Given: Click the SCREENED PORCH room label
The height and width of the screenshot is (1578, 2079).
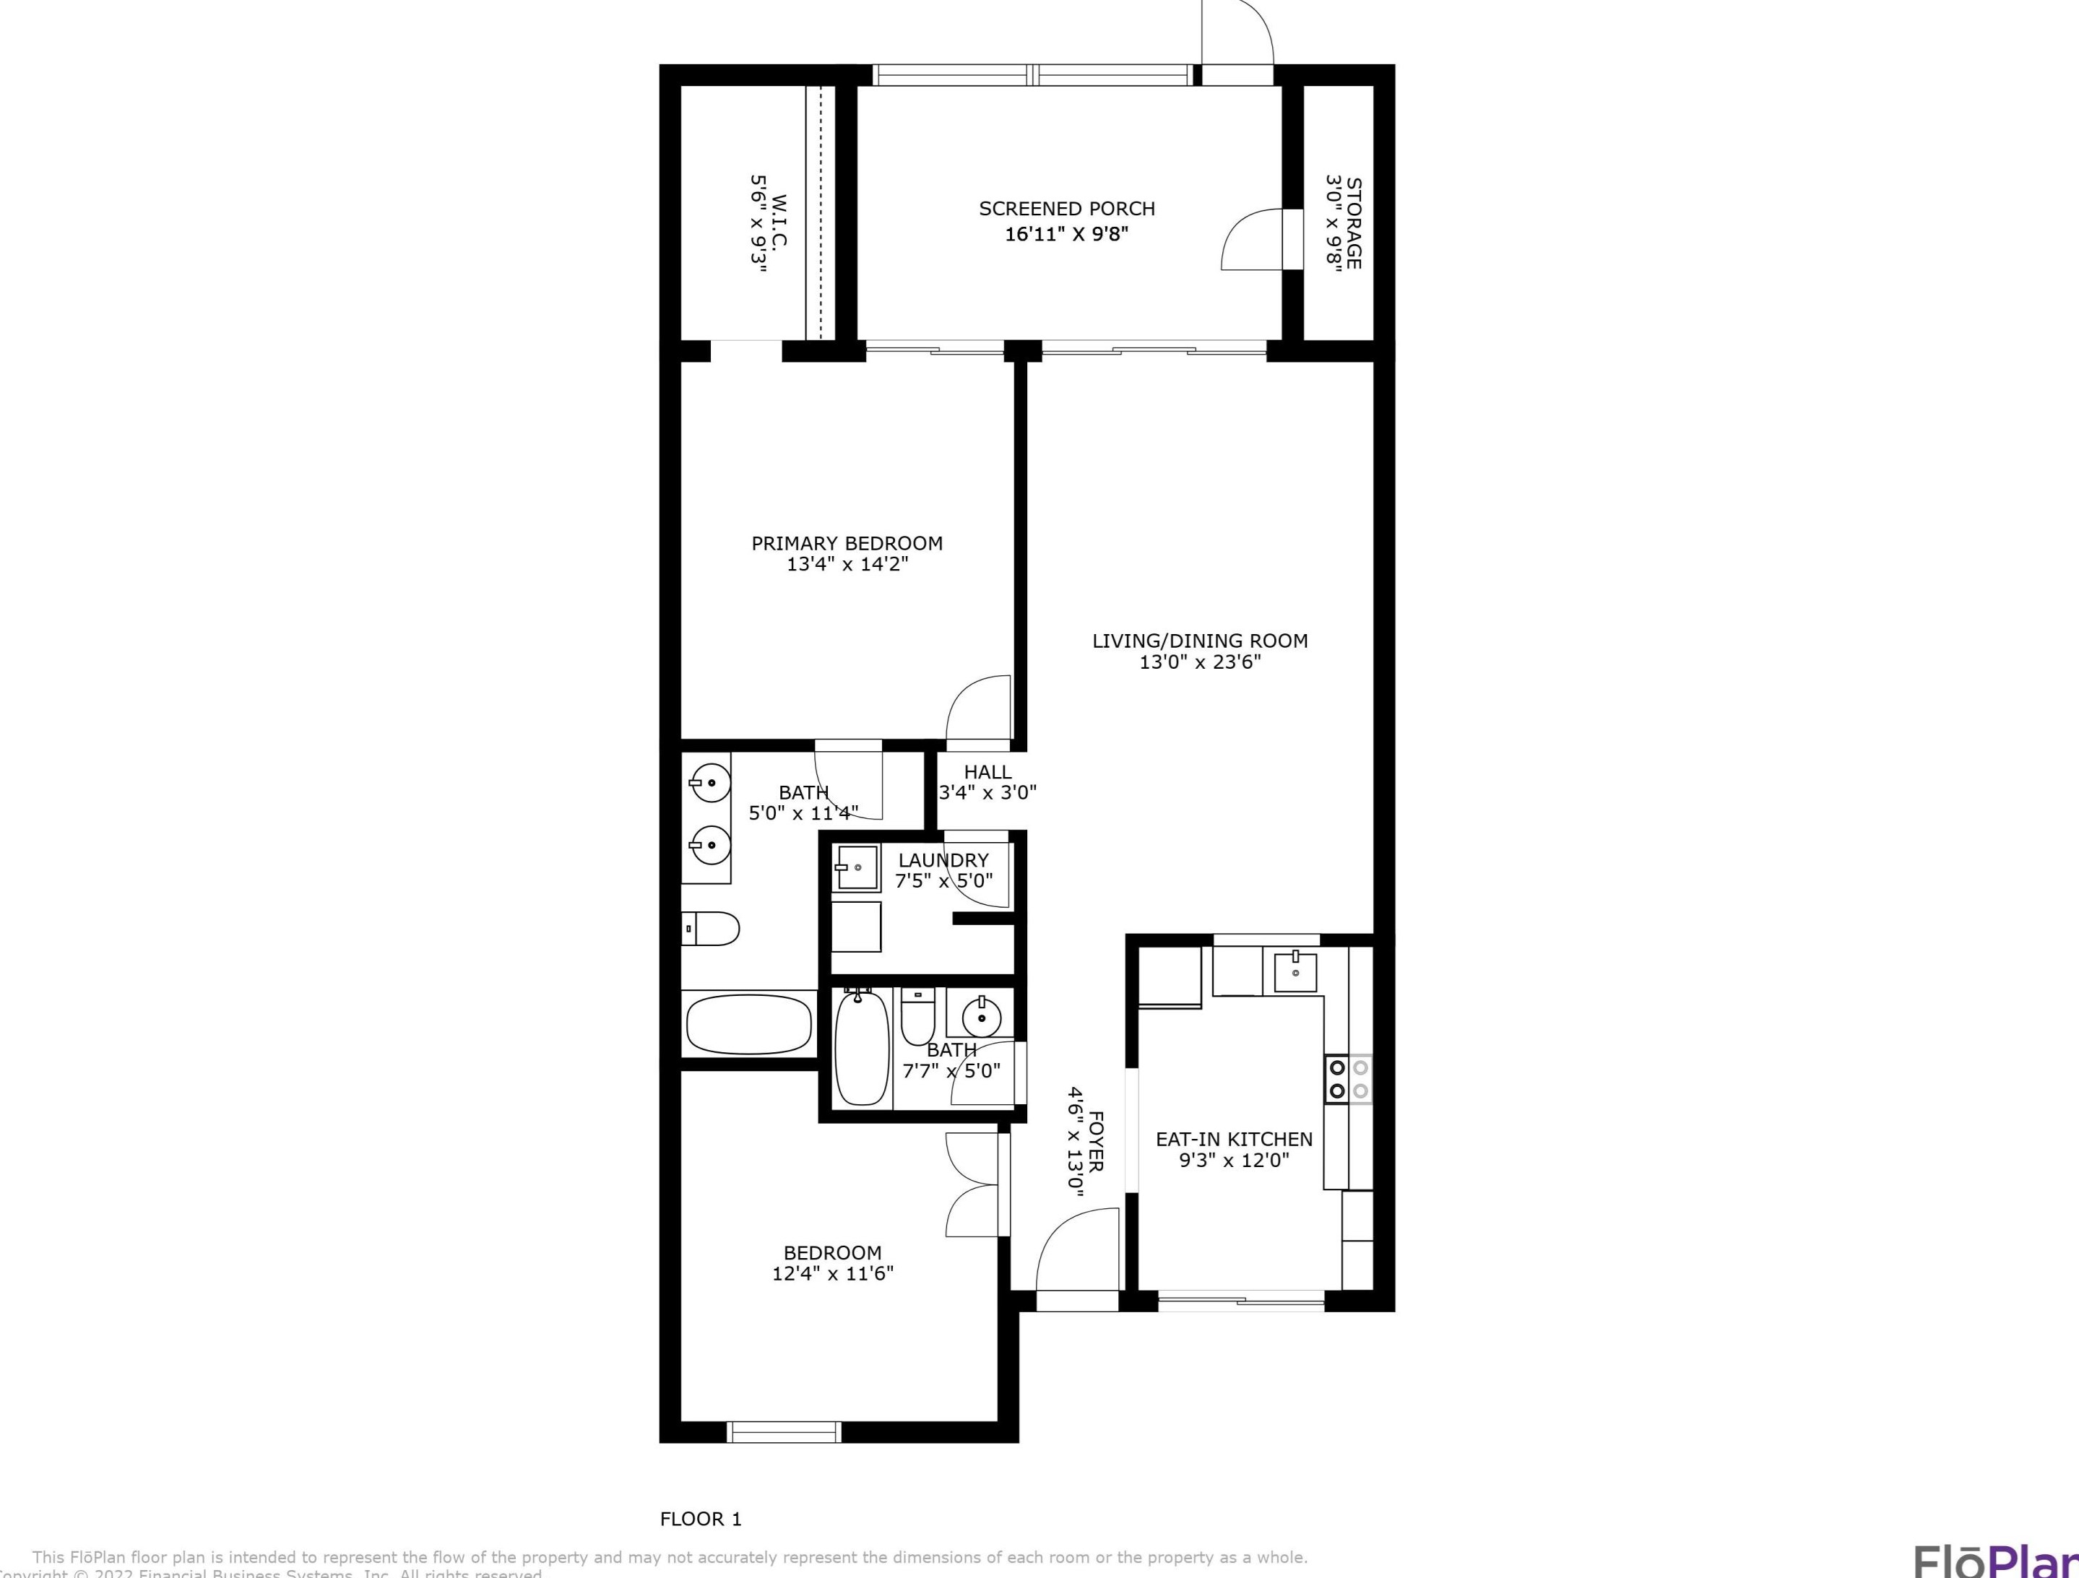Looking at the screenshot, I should point(1067,209).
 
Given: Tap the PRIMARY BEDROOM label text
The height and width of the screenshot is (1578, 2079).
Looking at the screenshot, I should point(847,543).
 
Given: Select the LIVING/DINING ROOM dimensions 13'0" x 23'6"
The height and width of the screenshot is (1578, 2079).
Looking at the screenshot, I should point(1199,662).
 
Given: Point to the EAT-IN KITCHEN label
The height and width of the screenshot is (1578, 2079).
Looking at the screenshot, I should point(1233,1139).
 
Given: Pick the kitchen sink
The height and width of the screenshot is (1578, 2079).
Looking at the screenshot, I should point(1296,971).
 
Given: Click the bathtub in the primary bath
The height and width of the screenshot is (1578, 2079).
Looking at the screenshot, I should point(748,1024).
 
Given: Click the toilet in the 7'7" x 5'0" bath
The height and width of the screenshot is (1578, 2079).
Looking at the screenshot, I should point(917,1017).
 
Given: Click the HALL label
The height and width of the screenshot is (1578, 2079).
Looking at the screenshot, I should point(987,771).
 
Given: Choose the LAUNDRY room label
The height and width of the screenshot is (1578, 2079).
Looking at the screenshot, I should point(943,860).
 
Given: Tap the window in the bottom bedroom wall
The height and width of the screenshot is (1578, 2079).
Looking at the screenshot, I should point(784,1431).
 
